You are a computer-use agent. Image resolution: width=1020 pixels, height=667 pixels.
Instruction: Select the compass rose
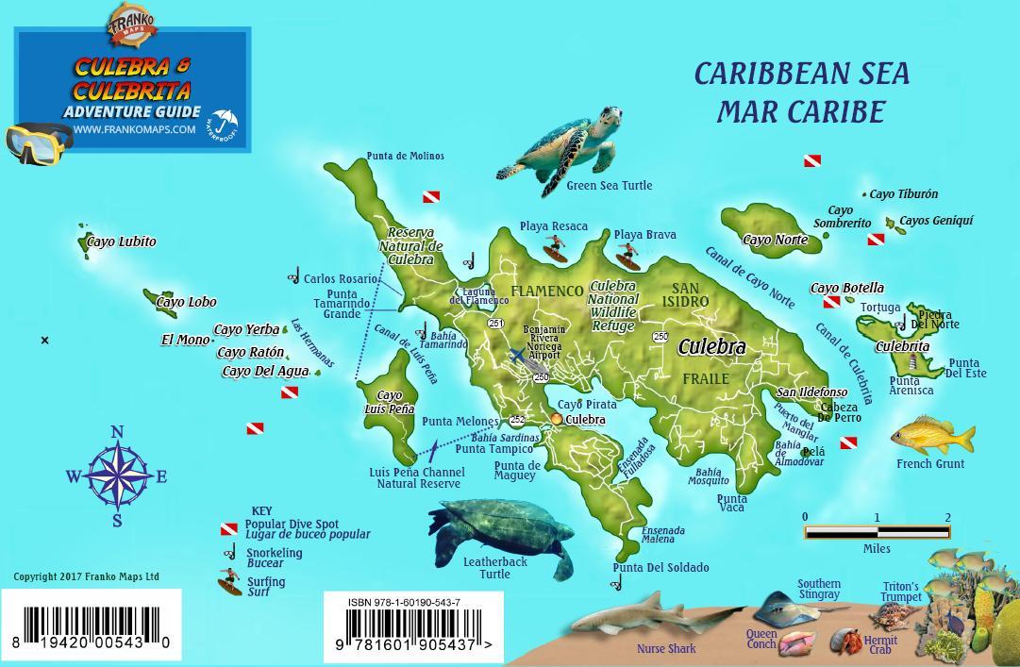coord(117,476)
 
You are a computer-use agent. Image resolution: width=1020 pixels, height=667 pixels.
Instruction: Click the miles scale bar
coord(877,533)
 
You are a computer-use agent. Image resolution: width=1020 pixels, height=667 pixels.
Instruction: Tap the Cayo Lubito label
coord(121,242)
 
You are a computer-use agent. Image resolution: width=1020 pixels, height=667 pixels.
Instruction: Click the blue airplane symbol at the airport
coord(516,355)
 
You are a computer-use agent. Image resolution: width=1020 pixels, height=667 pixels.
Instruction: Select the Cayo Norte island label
coord(776,240)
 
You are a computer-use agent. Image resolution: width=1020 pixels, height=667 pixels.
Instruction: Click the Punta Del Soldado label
coord(660,568)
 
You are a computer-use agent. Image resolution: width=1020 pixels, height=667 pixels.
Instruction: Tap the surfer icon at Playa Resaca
coord(555,249)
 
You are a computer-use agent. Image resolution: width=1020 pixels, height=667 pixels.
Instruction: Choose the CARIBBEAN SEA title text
coord(801,75)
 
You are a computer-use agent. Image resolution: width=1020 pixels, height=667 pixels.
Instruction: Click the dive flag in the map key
coord(229,529)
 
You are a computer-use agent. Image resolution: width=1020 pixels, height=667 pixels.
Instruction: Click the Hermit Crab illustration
coord(845,642)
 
